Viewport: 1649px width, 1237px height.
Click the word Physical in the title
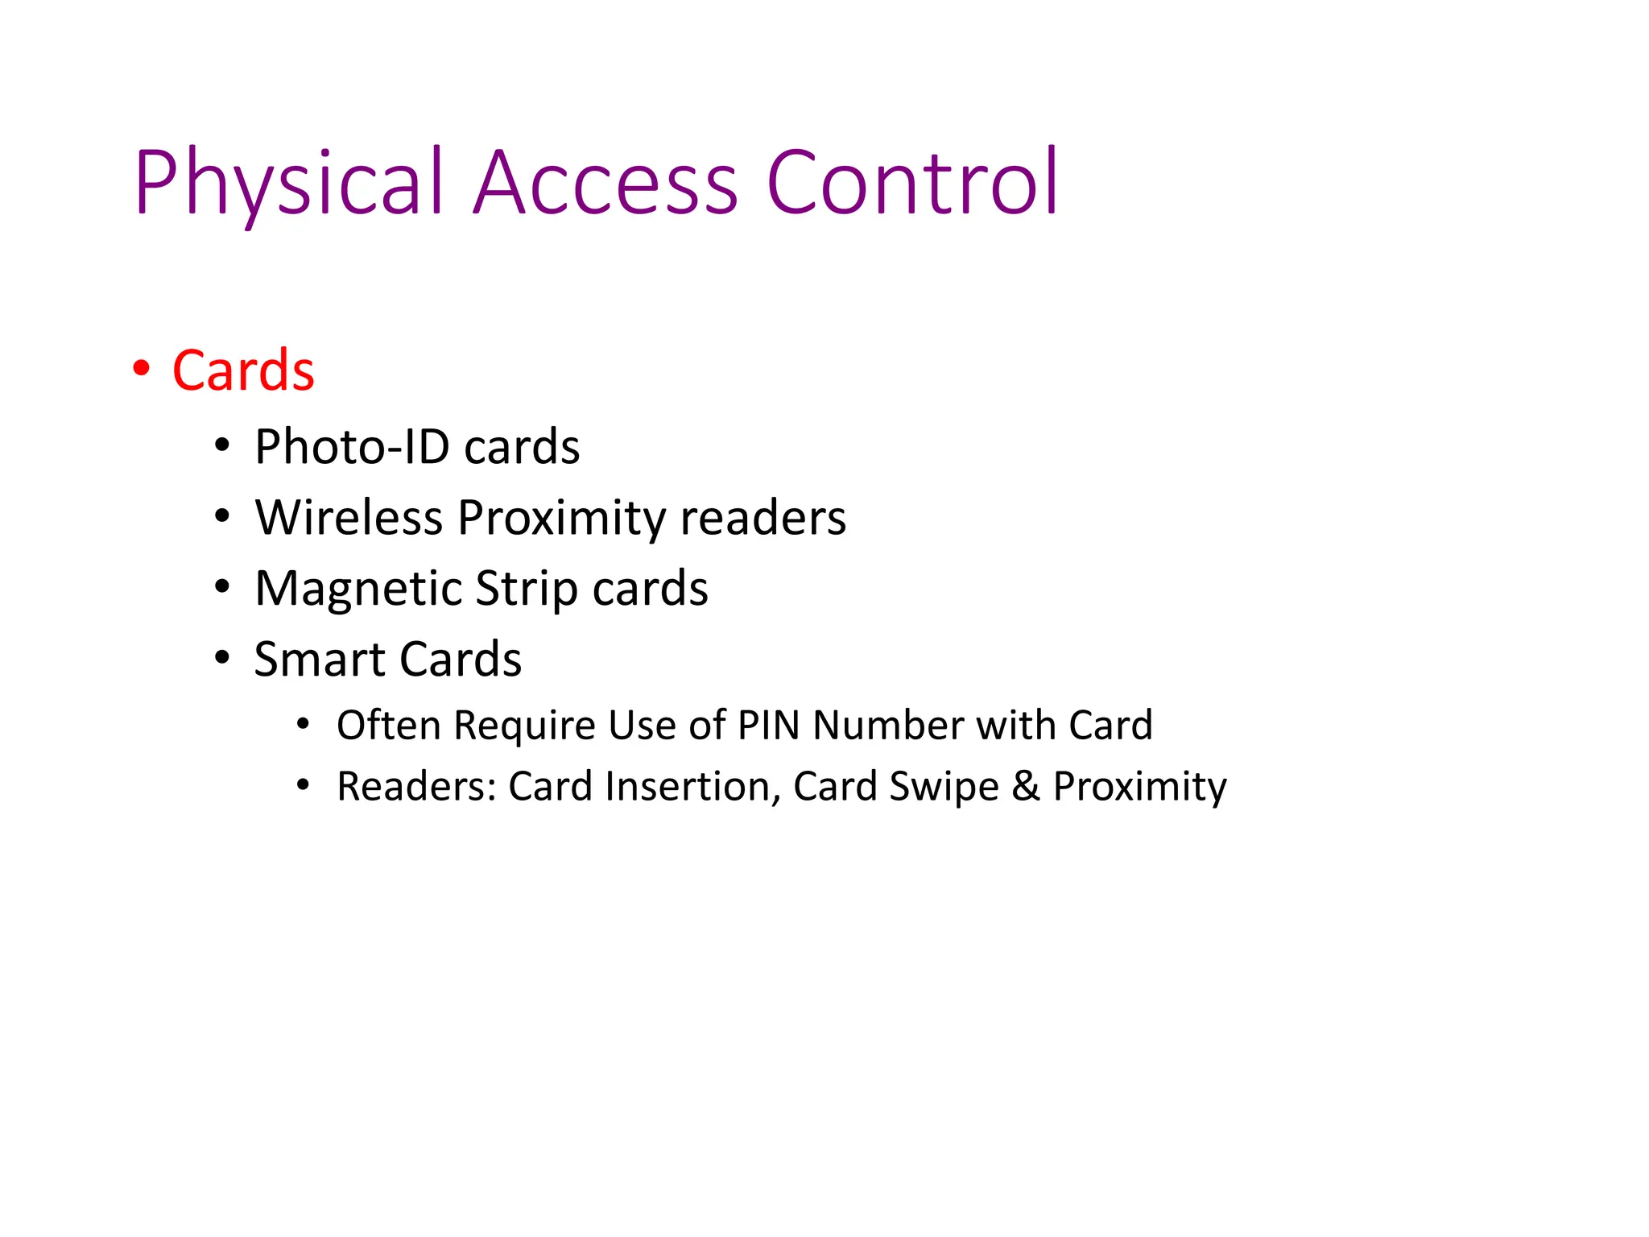(289, 184)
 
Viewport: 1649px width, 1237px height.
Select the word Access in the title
(605, 184)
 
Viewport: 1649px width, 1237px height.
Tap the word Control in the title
(912, 184)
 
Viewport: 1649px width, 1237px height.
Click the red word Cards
(243, 371)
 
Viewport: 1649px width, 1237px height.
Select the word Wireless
(349, 518)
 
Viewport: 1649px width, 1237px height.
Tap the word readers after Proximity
(763, 518)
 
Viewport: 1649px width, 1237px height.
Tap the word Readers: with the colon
(416, 787)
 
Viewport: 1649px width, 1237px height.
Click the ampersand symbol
(1026, 787)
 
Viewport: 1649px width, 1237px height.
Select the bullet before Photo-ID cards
(223, 445)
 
